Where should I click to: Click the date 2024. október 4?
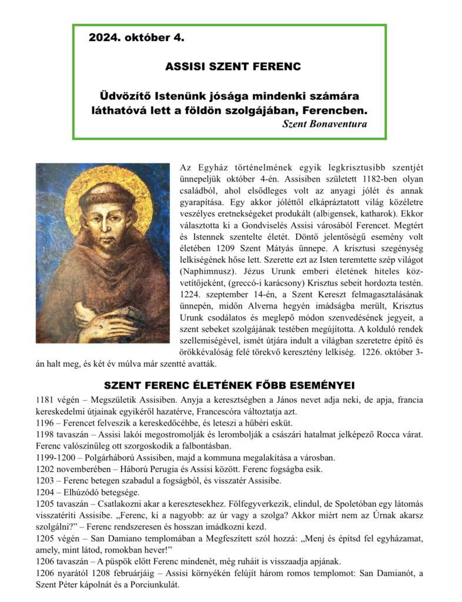coord(136,39)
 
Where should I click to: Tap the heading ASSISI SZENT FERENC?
coord(232,66)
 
